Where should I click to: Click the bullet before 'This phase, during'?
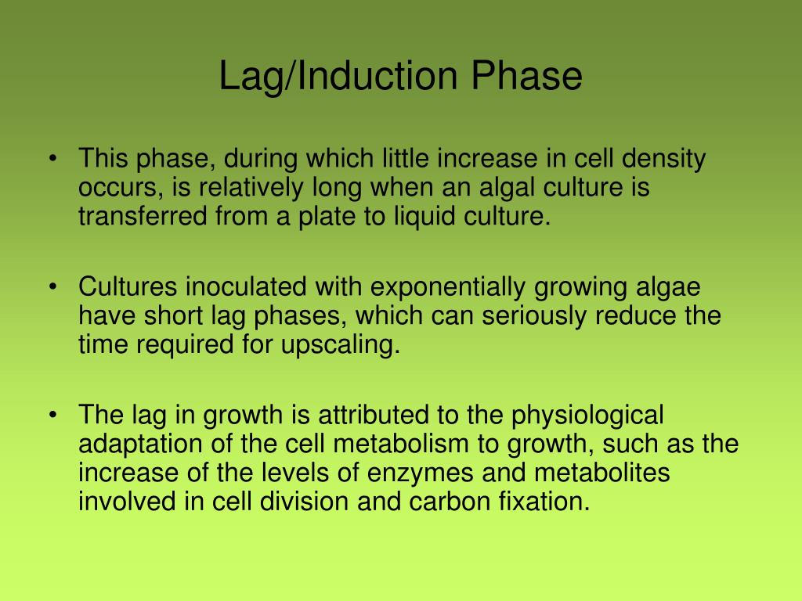click(x=52, y=160)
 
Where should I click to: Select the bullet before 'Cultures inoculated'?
click(x=52, y=288)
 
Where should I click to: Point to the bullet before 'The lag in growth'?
click(x=52, y=415)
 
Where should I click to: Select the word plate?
click(x=318, y=217)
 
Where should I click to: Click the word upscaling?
click(x=339, y=345)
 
